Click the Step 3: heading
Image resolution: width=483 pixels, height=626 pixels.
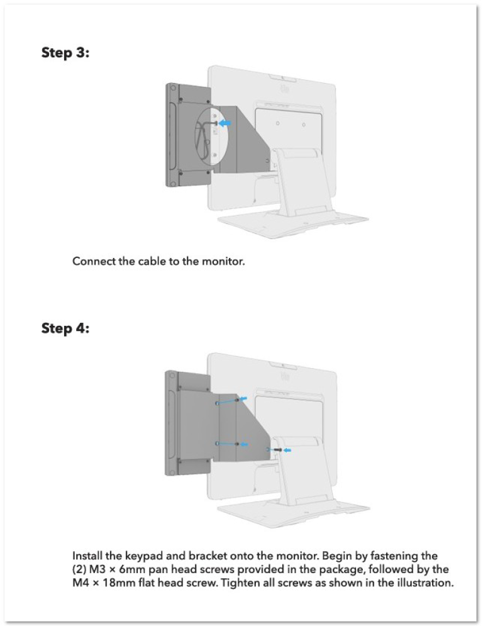[x=65, y=52]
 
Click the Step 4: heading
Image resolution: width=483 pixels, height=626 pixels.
[x=65, y=328]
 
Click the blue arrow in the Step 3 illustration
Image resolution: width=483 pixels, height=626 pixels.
[x=225, y=124]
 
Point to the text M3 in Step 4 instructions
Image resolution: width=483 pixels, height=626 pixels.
[x=97, y=569]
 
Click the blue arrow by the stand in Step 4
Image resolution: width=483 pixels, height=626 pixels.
[x=287, y=450]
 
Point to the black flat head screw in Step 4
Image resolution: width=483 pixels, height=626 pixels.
[x=276, y=450]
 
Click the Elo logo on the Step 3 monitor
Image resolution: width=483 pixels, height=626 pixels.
[x=285, y=88]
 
